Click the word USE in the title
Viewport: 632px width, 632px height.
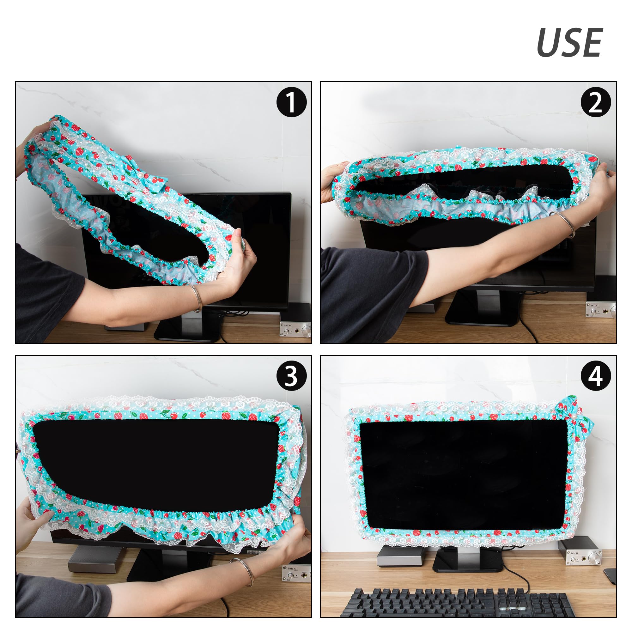569,43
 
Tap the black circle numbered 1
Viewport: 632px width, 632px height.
291,102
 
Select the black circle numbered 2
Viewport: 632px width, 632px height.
596,102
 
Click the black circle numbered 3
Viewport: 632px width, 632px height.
291,376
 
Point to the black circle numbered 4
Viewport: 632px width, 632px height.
596,376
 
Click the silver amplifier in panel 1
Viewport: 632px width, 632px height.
295,329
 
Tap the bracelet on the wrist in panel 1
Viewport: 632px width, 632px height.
196,298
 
